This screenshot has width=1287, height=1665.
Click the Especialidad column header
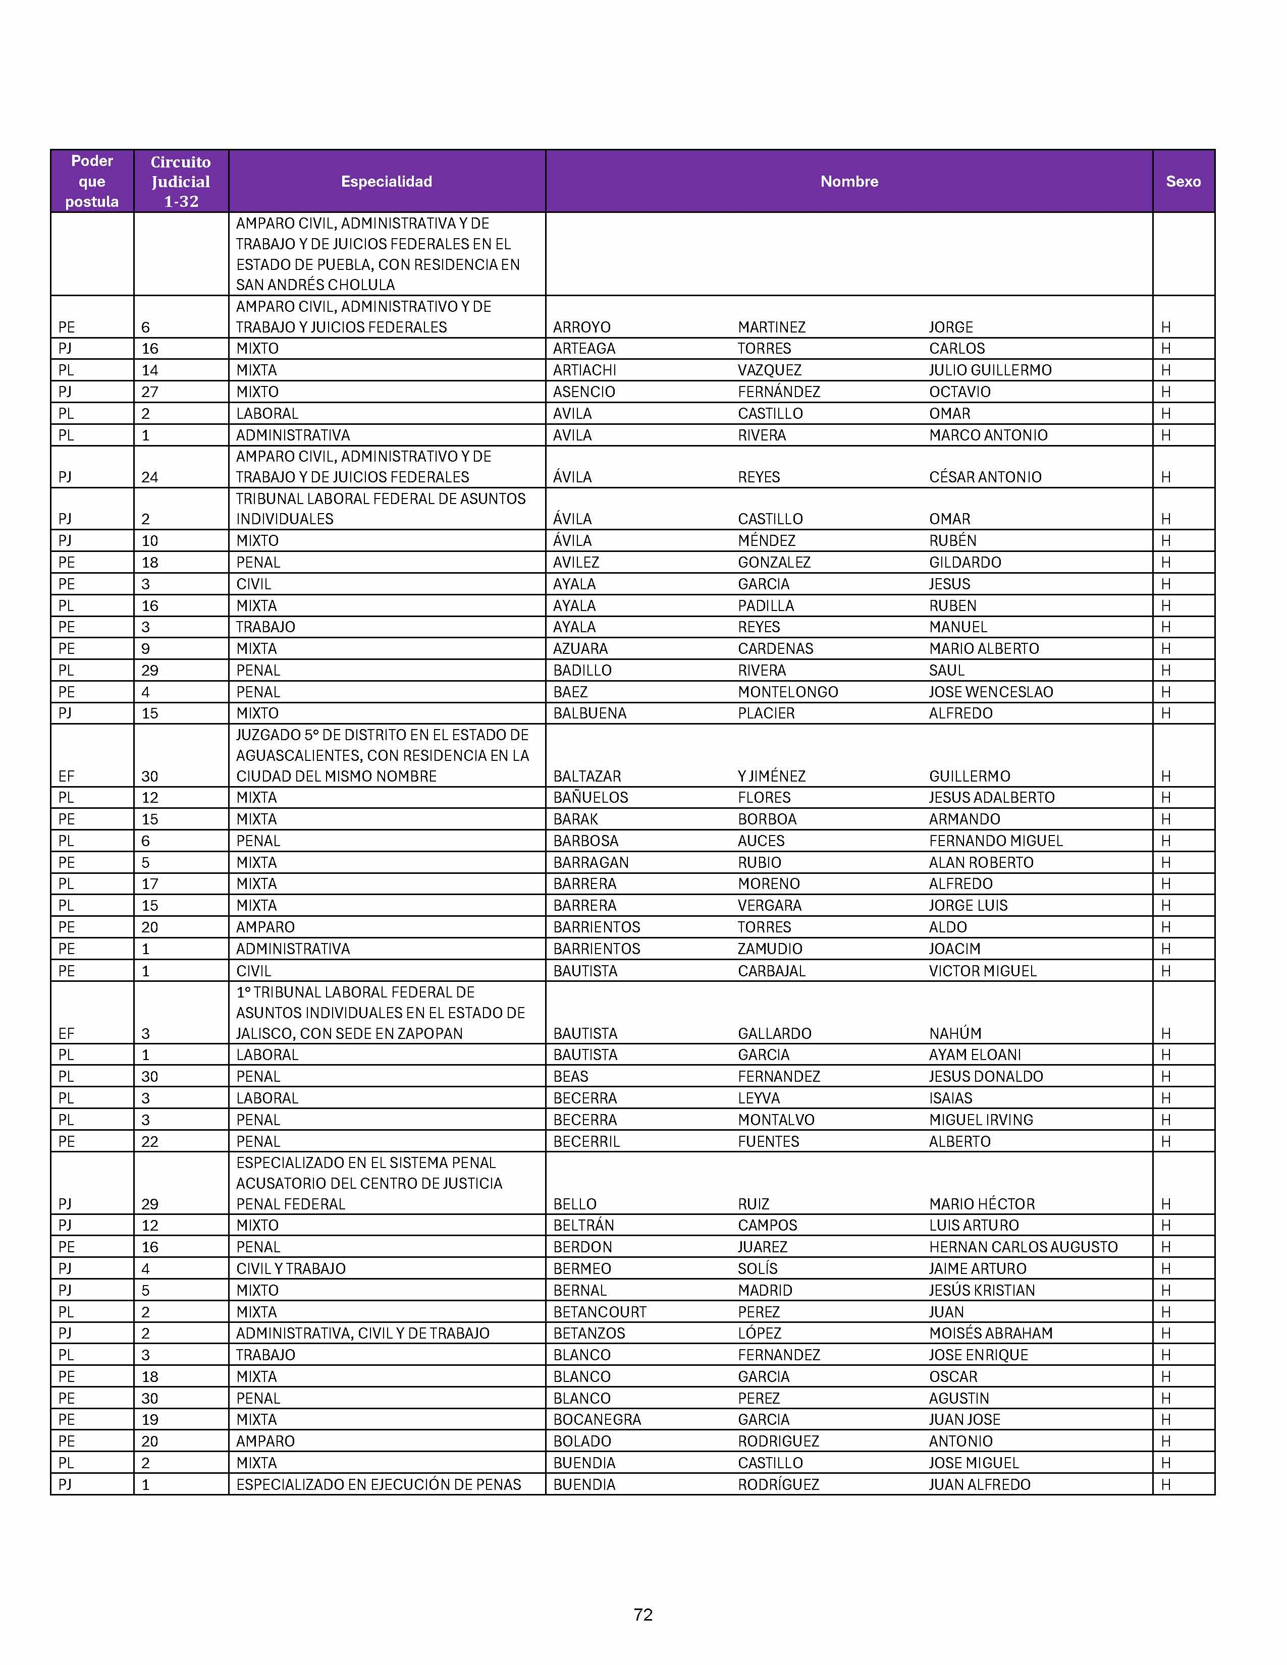tap(387, 182)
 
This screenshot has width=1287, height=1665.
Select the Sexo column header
tap(1183, 182)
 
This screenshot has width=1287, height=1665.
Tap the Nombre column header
tap(848, 182)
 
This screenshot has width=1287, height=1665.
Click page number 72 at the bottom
tap(642, 1614)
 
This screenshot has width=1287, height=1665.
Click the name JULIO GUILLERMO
tap(990, 370)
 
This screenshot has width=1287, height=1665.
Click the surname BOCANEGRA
tap(597, 1419)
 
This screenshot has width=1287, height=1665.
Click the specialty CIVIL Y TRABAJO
tap(291, 1268)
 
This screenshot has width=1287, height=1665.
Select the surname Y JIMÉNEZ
tap(772, 776)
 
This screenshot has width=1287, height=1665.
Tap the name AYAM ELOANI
tap(975, 1055)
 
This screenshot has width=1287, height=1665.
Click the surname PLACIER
tap(766, 713)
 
